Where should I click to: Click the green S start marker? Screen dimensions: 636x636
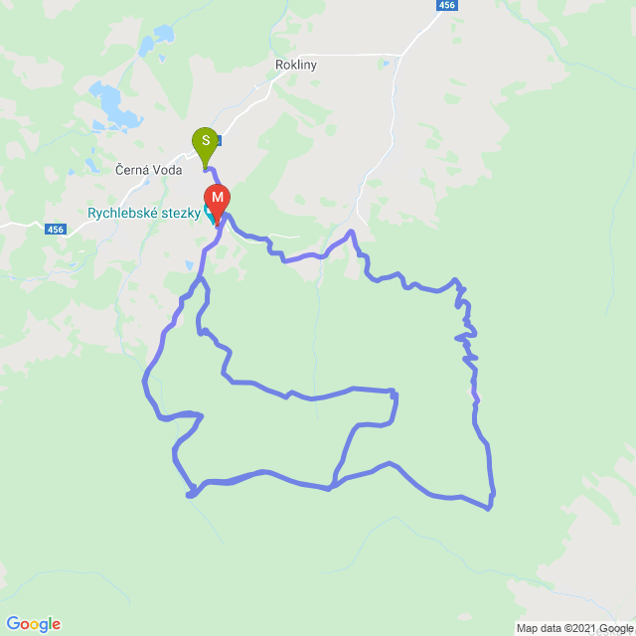pos(206,141)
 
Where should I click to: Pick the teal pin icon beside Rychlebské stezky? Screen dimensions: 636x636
pos(210,212)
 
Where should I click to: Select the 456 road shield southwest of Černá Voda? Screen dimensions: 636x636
pos(57,230)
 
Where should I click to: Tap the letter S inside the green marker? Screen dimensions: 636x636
pos(206,139)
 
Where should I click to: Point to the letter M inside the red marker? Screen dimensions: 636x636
pos(217,197)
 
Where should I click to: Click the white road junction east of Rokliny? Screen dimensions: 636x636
pos(400,55)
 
